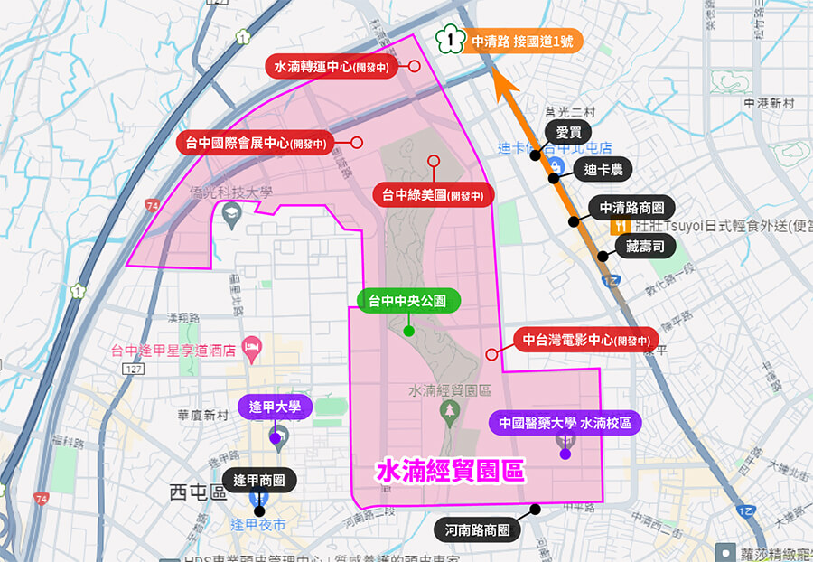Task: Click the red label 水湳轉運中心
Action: coord(333,66)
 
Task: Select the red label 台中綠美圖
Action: coord(433,193)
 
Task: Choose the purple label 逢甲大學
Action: coord(275,407)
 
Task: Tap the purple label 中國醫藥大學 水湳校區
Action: coord(565,422)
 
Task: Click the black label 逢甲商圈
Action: coord(259,481)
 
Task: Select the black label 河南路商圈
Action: coord(478,530)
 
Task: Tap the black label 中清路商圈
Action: coord(632,208)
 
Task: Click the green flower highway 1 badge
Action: coord(449,41)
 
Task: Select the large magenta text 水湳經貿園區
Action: coord(450,471)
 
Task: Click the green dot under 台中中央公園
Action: coord(409,330)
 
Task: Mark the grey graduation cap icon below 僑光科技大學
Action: coord(232,214)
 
